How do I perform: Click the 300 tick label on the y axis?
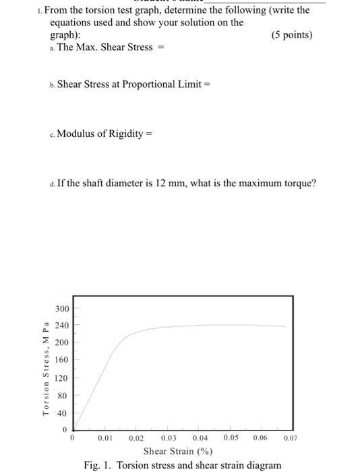tap(61, 308)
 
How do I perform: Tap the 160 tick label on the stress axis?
tap(61, 359)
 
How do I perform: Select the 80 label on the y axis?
tap(63, 396)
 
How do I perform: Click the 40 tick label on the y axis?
tap(63, 413)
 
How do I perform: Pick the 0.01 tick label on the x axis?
tap(104, 438)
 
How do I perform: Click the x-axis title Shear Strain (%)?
tap(179, 450)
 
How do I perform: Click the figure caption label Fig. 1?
tap(99, 465)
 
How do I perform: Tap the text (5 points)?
tap(292, 34)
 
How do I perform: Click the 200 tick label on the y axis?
tap(61, 342)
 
